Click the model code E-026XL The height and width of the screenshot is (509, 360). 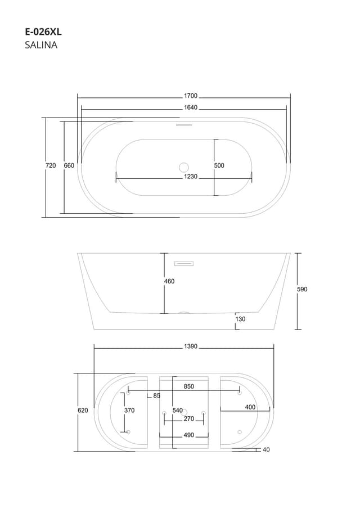pyautogui.click(x=43, y=32)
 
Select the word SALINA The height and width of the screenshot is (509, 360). pyautogui.click(x=41, y=45)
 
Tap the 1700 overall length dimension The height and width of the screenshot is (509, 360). pyautogui.click(x=191, y=96)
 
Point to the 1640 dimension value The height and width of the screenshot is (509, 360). pyautogui.click(x=191, y=107)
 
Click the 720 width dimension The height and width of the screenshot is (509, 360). pyautogui.click(x=51, y=165)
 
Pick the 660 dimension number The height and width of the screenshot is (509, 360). pyautogui.click(x=69, y=165)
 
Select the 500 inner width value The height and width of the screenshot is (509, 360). pyautogui.click(x=219, y=165)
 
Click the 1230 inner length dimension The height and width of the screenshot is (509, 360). pyautogui.click(x=191, y=177)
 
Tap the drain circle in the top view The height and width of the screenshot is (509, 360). pyautogui.click(x=184, y=168)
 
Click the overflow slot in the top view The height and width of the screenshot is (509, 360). pyautogui.click(x=184, y=124)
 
